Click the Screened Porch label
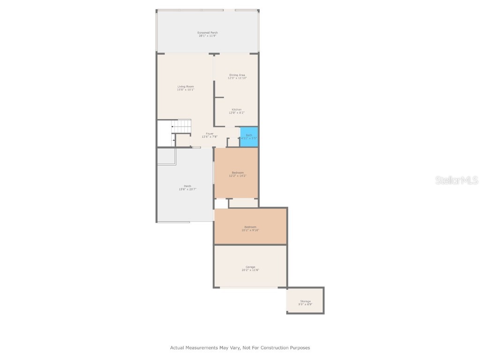(x=207, y=32)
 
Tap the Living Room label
(x=186, y=86)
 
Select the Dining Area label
(x=237, y=75)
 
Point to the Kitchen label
(x=237, y=109)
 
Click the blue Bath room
(x=249, y=136)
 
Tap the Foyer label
(x=210, y=134)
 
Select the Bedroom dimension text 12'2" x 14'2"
(x=237, y=176)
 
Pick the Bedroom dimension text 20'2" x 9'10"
(x=250, y=230)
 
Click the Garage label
(x=250, y=267)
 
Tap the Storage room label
(x=305, y=301)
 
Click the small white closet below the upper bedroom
(x=221, y=203)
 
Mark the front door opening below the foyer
(x=196, y=148)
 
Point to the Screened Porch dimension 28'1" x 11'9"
(x=207, y=36)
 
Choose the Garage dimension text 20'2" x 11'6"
(x=250, y=270)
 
